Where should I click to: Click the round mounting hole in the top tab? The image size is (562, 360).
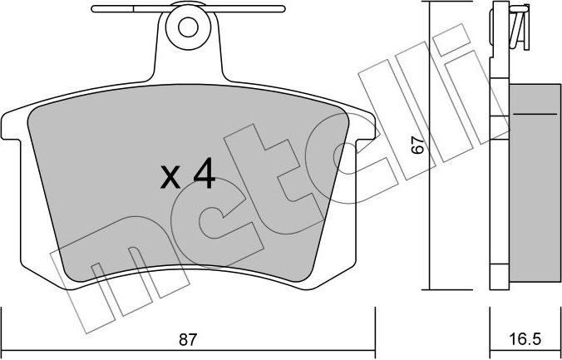coord(188,27)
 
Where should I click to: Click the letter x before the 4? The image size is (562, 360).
coord(170,176)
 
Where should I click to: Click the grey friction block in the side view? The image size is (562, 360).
coord(532,183)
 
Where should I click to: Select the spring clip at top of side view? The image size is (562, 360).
coord(519,25)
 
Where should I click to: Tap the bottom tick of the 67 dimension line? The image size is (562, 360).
coord(429,289)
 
